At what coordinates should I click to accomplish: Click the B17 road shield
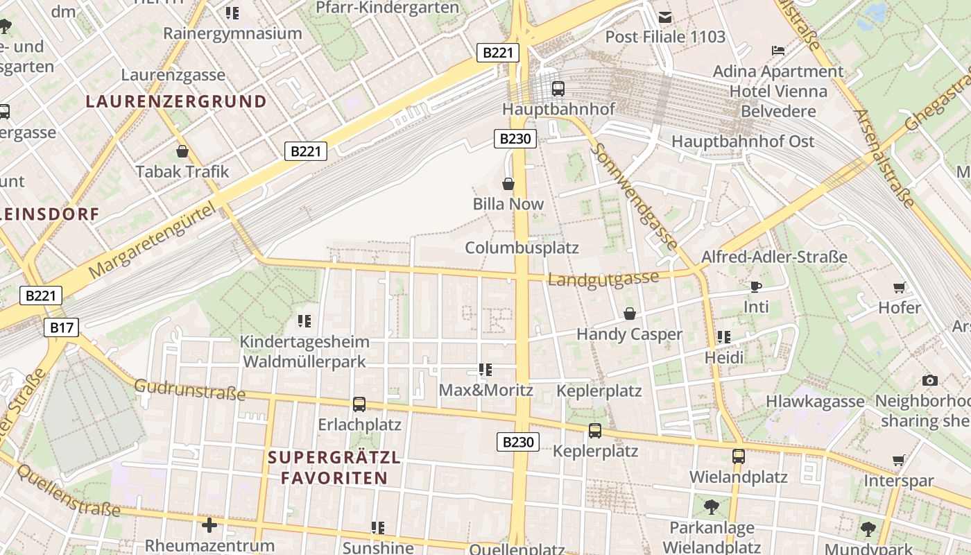(62, 327)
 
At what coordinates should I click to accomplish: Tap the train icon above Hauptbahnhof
(558, 89)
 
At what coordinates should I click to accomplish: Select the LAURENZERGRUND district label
(176, 101)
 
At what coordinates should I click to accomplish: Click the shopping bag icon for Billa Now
(508, 184)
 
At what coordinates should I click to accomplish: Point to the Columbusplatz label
(522, 248)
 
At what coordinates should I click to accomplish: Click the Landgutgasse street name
(603, 279)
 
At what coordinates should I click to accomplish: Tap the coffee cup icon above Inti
(755, 287)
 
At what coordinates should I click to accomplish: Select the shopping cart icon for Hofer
(900, 287)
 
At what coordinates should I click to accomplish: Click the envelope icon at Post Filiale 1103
(665, 17)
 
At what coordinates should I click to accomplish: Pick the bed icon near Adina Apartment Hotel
(778, 50)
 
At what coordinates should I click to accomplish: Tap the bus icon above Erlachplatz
(359, 404)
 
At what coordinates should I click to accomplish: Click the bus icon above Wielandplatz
(738, 456)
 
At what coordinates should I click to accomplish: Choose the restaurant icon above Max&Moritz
(485, 370)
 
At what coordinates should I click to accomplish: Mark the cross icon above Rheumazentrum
(209, 525)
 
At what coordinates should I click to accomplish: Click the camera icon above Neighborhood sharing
(930, 380)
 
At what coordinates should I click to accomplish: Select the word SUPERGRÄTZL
(334, 458)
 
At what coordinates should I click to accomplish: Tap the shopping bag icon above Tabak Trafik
(182, 151)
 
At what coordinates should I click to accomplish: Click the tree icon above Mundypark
(868, 530)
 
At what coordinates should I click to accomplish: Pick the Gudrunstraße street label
(189, 390)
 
